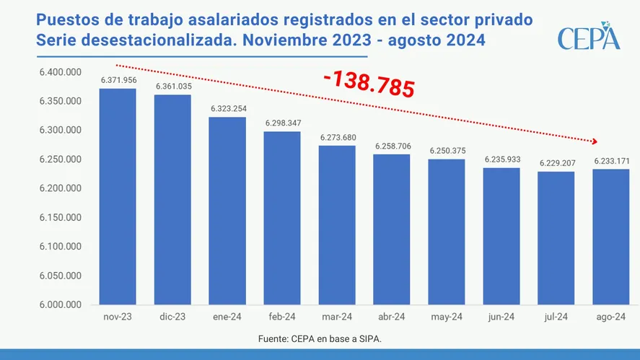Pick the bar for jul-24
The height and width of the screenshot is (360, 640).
coord(556,238)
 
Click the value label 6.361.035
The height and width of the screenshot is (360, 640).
coord(172,87)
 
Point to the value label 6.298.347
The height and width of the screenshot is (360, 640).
coord(282,123)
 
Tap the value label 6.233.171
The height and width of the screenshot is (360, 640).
coord(611,161)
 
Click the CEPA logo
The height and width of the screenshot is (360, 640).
coord(588,37)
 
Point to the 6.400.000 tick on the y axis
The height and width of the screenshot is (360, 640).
coord(61,72)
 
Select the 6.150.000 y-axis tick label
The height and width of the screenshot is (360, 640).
coord(61,218)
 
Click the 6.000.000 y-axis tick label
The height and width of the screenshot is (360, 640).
coord(61,305)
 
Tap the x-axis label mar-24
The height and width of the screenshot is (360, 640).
coord(337,317)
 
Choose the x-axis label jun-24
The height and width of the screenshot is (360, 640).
coord(501,317)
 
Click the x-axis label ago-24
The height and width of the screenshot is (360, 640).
coord(611,317)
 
